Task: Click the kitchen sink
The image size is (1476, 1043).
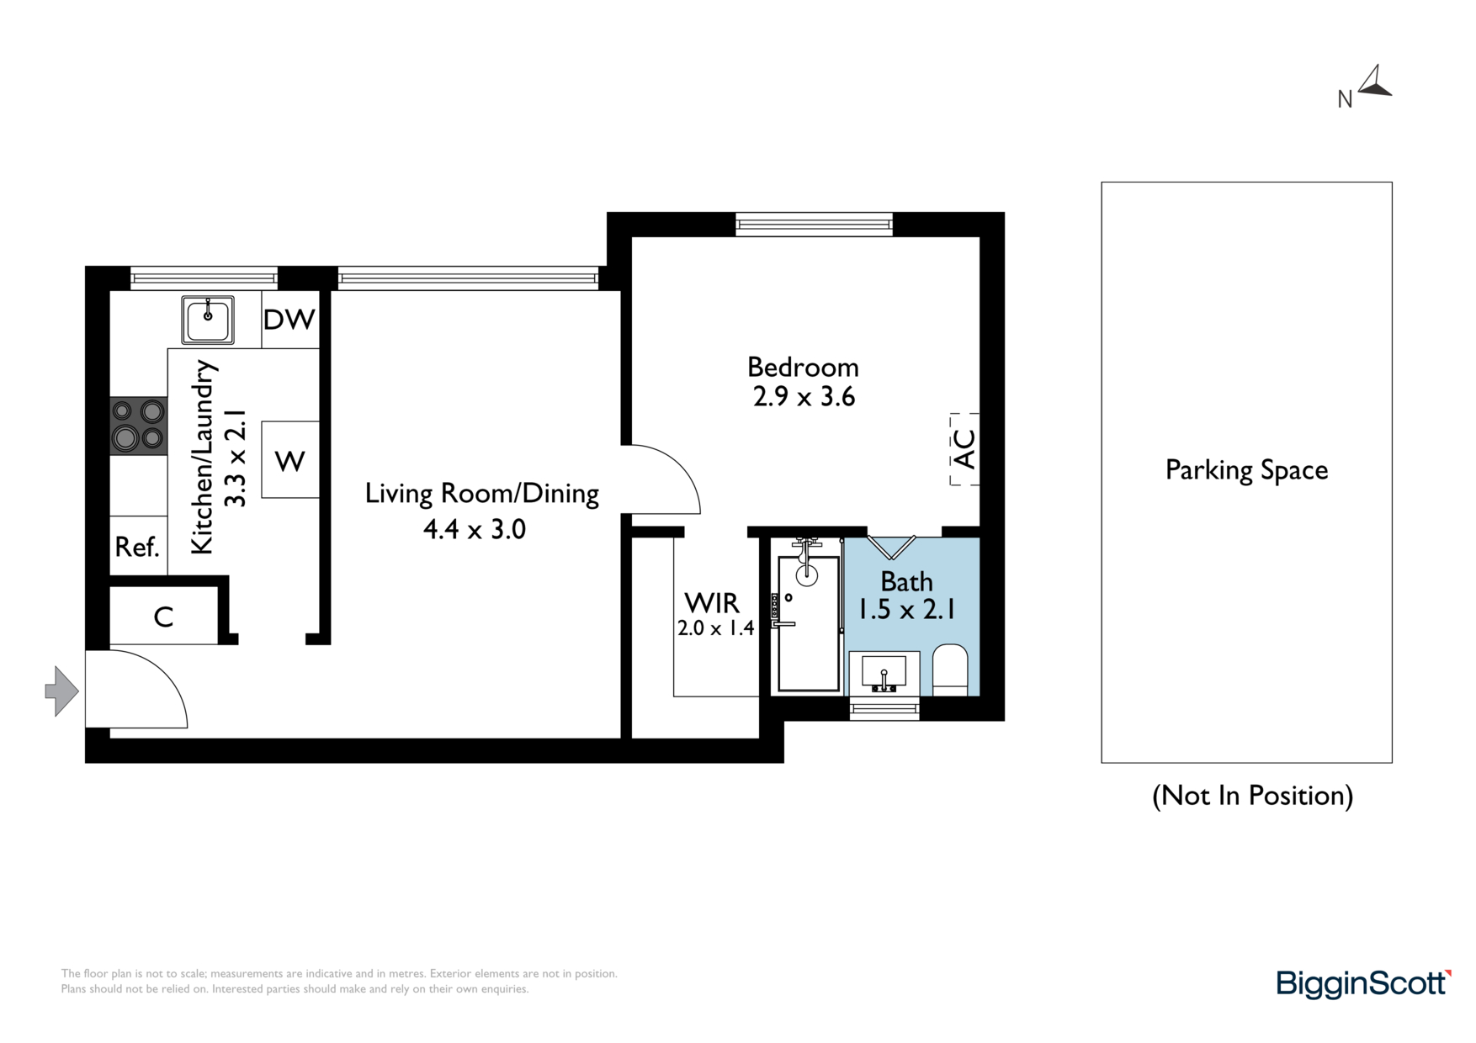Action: point(208,320)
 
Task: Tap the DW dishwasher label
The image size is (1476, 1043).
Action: point(289,320)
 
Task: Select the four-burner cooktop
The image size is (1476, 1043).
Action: point(139,426)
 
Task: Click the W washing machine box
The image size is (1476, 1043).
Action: point(290,460)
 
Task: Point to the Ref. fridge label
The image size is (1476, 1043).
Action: point(137,548)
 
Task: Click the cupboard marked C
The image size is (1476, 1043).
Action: point(164,616)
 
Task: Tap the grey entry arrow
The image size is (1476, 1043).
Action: point(61,691)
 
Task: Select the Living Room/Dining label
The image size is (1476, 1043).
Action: point(481,494)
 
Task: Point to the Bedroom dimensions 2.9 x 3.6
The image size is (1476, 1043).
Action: point(804,397)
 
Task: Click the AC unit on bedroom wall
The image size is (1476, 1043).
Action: point(965,449)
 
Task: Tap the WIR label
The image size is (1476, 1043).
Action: point(712,603)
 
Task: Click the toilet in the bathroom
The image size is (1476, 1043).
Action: point(951,670)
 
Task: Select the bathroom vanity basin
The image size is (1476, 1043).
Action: point(884,673)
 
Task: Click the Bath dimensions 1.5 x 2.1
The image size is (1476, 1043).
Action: point(906,609)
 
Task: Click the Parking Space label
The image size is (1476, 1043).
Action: point(1246,470)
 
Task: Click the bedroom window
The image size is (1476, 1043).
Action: point(814,224)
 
